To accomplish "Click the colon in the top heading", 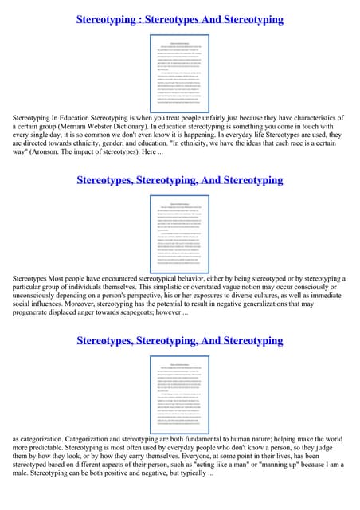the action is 144,19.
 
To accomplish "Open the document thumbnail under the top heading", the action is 179,73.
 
